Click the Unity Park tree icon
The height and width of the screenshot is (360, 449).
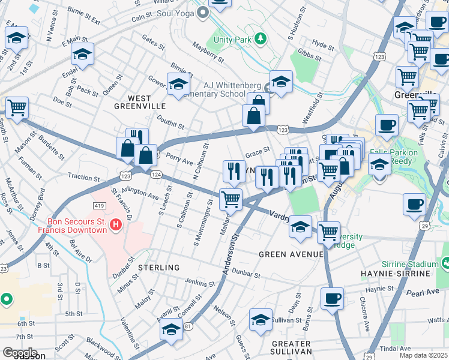coord(260,39)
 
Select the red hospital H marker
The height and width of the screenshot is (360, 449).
coord(116,226)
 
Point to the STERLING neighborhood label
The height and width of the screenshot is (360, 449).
coord(158,267)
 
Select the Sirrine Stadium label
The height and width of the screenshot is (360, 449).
coord(408,263)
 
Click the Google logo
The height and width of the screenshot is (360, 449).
coord(19,353)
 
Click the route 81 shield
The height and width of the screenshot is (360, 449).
coord(188,326)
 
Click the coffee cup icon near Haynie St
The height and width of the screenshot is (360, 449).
coord(332,298)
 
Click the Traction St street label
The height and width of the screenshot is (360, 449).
coord(83,178)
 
